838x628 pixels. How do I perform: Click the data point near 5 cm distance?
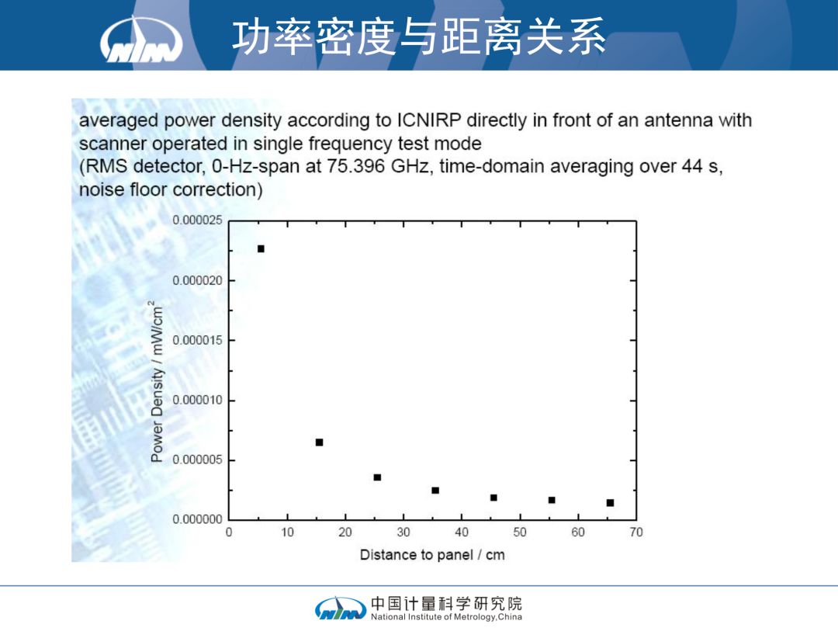tap(261, 249)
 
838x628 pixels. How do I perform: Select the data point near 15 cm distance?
tap(319, 442)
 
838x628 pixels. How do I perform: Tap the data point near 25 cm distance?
tap(377, 477)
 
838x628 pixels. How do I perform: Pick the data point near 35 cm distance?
tap(435, 491)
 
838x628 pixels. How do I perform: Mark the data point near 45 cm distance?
tap(493, 498)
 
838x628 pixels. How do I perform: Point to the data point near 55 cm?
tap(552, 500)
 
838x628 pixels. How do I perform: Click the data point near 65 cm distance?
tap(611, 503)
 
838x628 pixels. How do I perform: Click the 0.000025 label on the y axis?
tap(197, 220)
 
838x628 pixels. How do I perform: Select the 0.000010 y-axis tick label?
tap(197, 400)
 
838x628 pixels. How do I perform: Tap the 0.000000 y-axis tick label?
tap(197, 519)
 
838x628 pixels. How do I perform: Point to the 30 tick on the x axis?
tap(403, 533)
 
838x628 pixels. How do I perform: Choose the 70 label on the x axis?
tap(636, 533)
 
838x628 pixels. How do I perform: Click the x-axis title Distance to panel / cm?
tap(432, 555)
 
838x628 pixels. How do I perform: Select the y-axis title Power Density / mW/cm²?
tap(156, 382)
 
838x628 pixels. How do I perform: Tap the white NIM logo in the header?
tap(141, 40)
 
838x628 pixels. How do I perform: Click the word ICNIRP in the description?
tap(428, 120)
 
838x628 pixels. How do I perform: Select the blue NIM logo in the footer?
tap(341, 609)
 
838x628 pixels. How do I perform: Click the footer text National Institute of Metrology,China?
tap(446, 617)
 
